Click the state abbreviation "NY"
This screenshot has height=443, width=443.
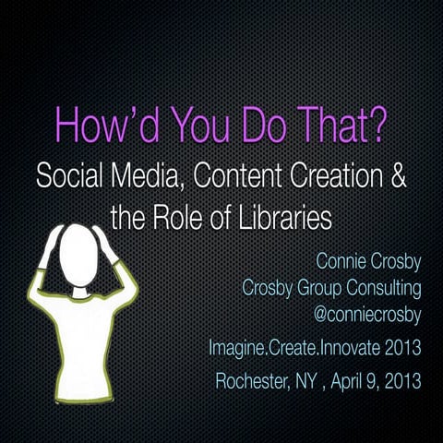pyautogui.click(x=317, y=379)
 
